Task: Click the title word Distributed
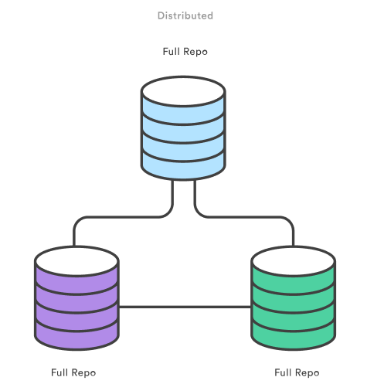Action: pos(185,15)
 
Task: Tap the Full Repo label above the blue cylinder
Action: pos(185,52)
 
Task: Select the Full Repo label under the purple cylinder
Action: pos(73,372)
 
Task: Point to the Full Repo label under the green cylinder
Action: pos(297,372)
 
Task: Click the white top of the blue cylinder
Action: pos(183,92)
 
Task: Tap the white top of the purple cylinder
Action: pos(76,260)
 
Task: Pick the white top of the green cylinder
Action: pos(294,260)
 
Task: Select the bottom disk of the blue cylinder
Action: pos(183,165)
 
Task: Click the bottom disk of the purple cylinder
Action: pos(76,333)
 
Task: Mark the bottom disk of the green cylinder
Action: pos(294,333)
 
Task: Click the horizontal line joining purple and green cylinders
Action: pos(185,308)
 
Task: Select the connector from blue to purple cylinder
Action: pos(124,217)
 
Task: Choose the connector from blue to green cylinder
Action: pos(243,217)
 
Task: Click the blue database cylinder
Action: pos(183,131)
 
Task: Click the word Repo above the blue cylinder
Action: pos(195,52)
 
